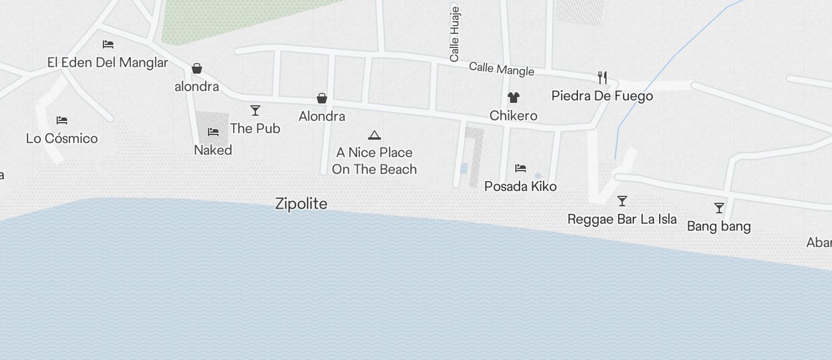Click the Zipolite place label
point(301,203)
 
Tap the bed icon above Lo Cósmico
point(62,120)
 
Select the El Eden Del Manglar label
point(108,63)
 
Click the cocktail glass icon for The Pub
point(255,110)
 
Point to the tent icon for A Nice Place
point(375,136)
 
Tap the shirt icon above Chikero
point(514,98)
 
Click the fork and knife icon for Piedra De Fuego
point(602,77)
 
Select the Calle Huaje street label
point(455,34)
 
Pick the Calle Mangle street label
point(501,69)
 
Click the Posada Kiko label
point(521,186)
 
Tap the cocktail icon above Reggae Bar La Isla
point(622,202)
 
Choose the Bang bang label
point(719,226)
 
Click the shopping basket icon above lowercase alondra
point(197,69)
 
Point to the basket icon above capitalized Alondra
point(322,98)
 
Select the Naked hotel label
point(213,150)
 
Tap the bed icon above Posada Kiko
point(521,168)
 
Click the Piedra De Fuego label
point(602,96)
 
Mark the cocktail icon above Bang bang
point(719,208)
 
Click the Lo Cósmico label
point(62,139)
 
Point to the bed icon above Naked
point(213,132)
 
